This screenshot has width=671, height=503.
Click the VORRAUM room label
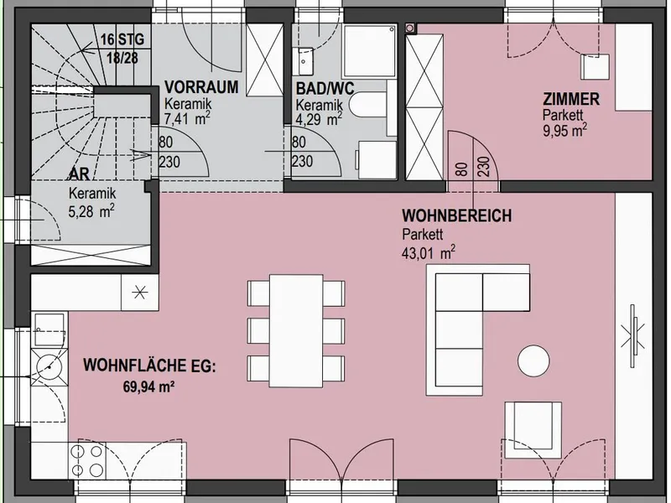click(201, 87)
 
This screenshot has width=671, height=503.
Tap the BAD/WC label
click(325, 89)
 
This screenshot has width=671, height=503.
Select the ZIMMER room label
click(571, 99)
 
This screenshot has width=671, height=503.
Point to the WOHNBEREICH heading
click(456, 215)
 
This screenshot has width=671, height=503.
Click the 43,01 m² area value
click(429, 252)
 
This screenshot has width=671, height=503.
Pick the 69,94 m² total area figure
click(148, 387)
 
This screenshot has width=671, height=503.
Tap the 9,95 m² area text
click(564, 130)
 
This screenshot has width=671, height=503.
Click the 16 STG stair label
click(122, 39)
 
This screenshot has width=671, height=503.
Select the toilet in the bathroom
click(367, 104)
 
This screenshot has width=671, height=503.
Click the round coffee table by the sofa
click(533, 361)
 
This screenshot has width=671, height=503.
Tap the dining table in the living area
click(296, 330)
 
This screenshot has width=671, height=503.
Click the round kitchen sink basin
click(49, 366)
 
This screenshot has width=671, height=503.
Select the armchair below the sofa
click(533, 430)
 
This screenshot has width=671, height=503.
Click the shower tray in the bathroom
click(370, 51)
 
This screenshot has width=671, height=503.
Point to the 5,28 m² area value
click(91, 211)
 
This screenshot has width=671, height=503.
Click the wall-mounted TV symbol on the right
click(633, 335)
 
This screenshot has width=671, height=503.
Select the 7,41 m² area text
click(187, 118)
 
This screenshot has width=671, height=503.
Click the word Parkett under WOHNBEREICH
click(423, 235)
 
